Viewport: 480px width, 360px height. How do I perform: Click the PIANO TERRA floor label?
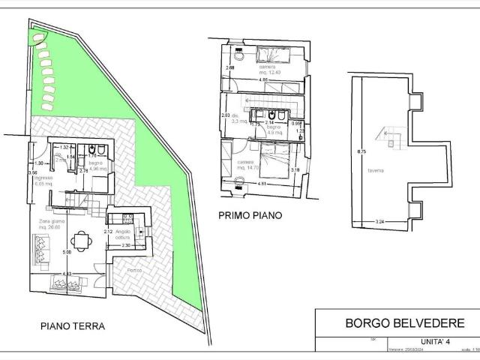click(72, 326)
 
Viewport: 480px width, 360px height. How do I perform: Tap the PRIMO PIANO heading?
click(250, 215)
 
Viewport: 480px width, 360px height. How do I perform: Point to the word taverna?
click(376, 171)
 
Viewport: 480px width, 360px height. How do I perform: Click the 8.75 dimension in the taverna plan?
click(361, 152)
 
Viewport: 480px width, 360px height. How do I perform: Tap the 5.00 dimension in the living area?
click(66, 252)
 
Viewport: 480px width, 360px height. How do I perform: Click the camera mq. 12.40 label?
click(268, 70)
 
